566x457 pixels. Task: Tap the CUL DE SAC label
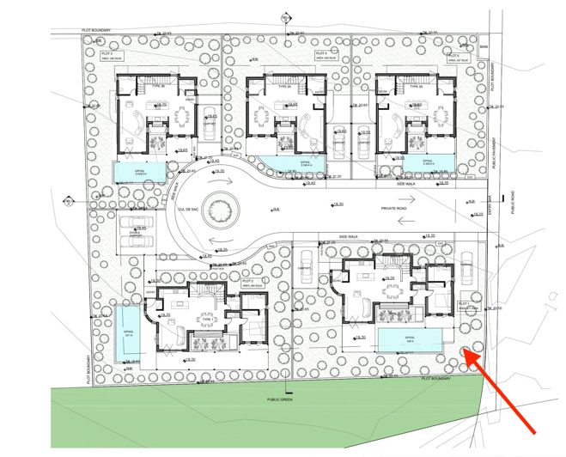(x=180, y=210)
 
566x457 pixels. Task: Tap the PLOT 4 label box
(x=325, y=55)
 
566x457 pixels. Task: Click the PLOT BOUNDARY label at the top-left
(x=99, y=29)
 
